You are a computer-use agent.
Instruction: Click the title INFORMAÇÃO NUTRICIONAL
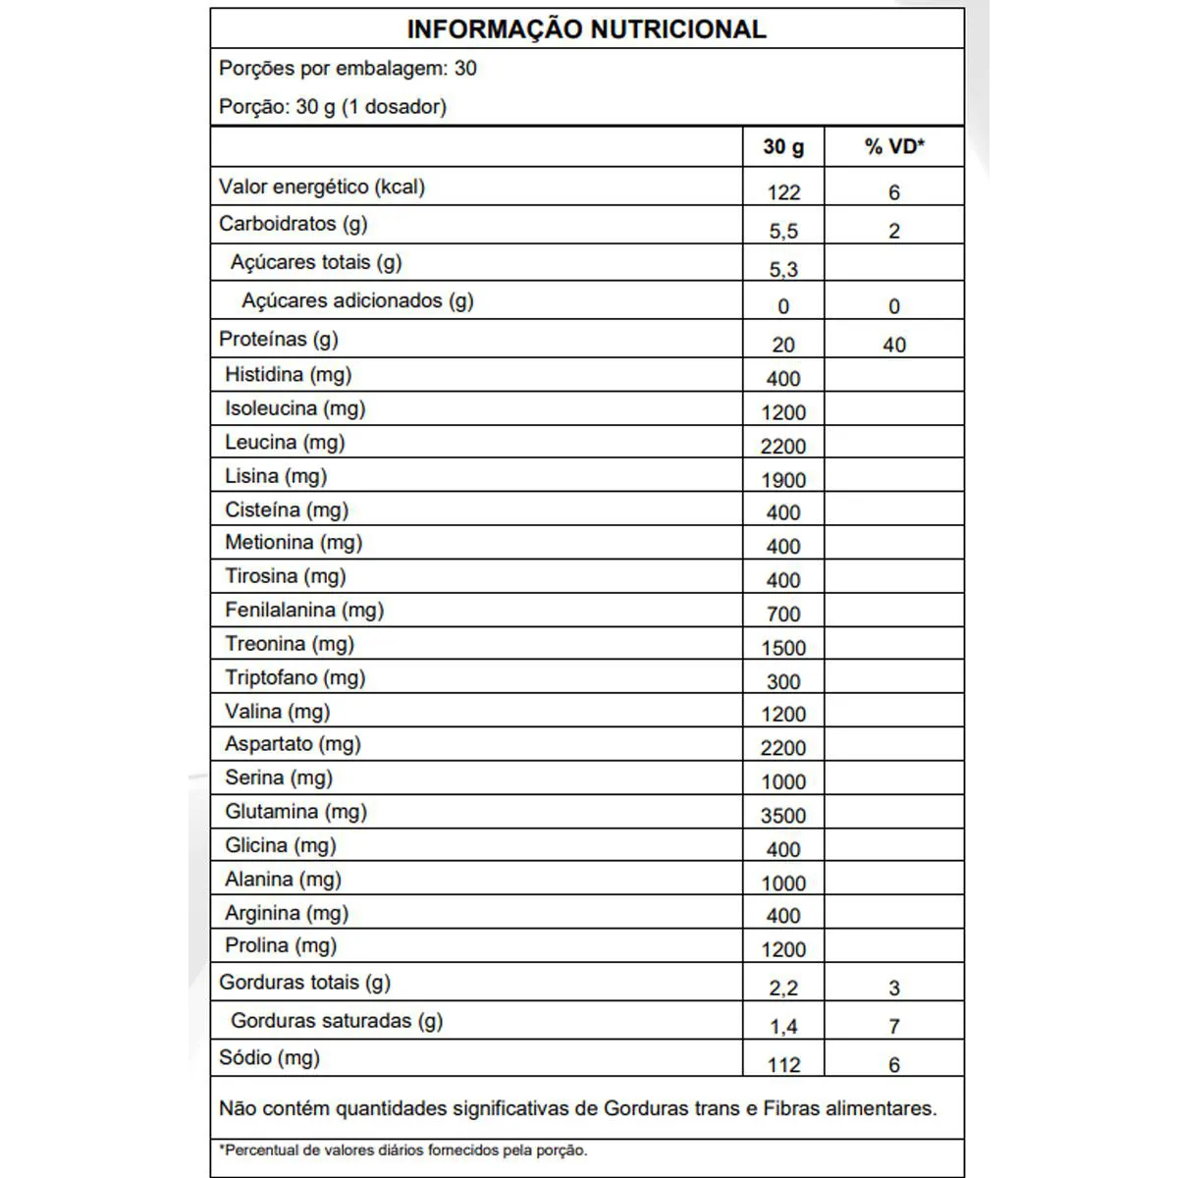pos(586,29)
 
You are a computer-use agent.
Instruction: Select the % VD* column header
pos(893,147)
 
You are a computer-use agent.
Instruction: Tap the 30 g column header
pos(783,147)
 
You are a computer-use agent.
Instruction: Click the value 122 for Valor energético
pos(783,192)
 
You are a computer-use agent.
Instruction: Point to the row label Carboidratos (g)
pos(293,224)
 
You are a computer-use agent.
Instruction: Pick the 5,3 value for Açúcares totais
pos(783,269)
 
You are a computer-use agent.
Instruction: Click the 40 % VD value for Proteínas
pos(893,345)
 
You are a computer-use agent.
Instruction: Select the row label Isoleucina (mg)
pos(294,408)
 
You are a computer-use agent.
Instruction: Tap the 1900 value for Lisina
pos(783,480)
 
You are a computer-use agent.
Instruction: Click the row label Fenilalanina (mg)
pos(304,610)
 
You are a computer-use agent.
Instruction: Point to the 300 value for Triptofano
pos(783,681)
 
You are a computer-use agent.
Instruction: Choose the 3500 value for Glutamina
pos(783,816)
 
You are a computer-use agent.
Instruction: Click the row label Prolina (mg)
pos(281,945)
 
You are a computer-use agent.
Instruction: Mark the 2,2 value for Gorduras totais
pos(783,989)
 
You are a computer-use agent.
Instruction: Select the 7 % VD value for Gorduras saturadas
pos(893,1027)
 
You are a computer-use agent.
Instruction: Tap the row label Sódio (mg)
pos(269,1058)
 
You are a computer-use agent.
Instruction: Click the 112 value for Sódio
pos(783,1065)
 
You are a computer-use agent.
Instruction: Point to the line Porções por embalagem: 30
pos(348,69)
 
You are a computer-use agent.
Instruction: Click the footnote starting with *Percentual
pos(402,1150)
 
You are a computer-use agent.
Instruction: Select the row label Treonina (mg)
pos(290,644)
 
